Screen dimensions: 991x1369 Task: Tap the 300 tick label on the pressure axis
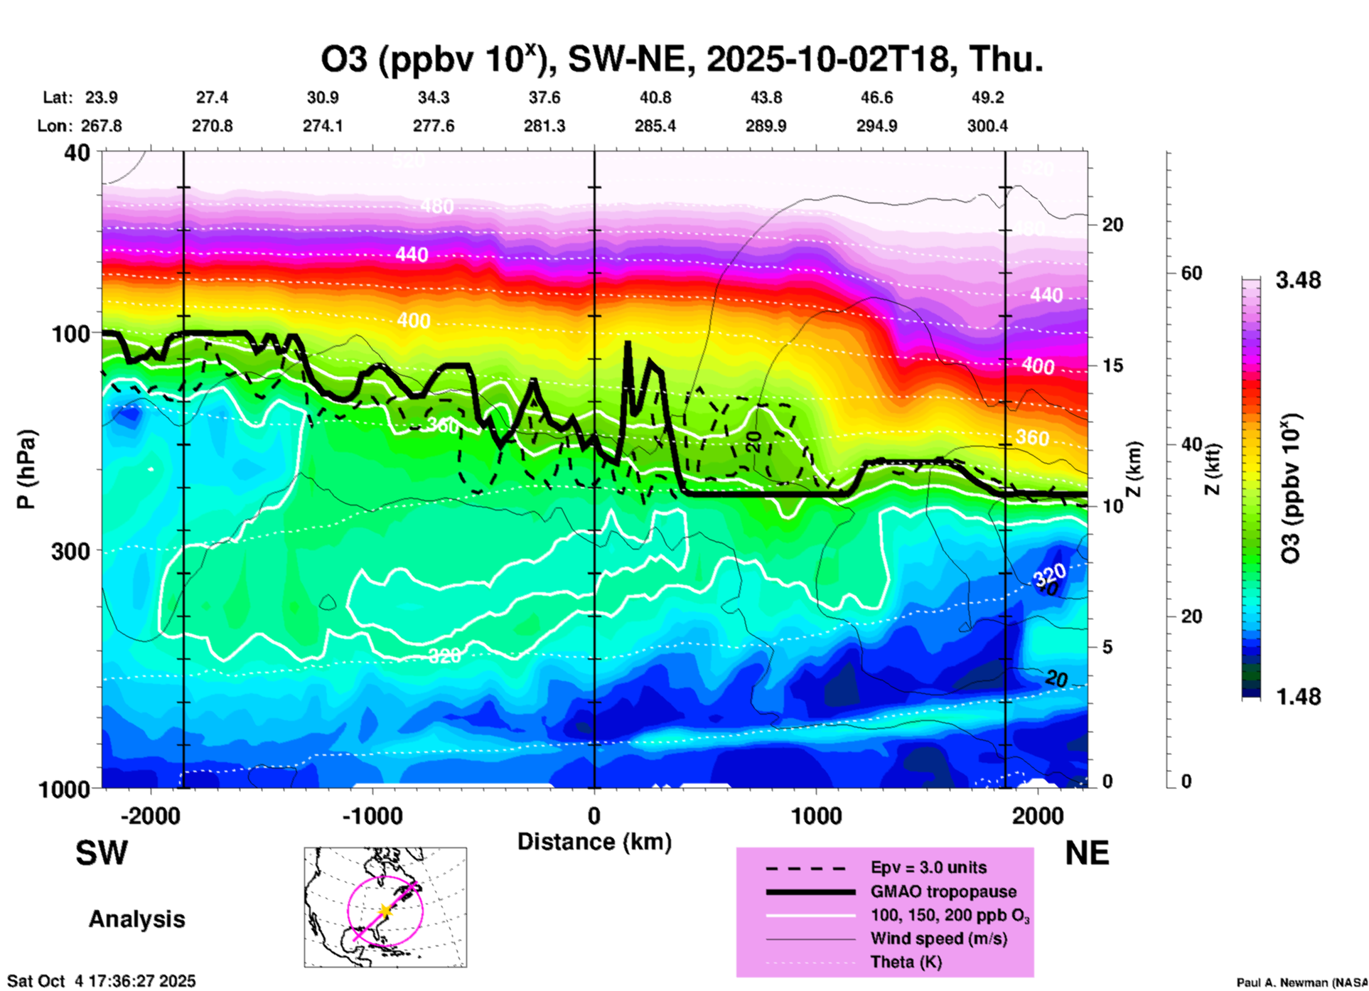pos(70,551)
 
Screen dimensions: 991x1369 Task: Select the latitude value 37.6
pos(544,97)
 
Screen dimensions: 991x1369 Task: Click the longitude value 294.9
pos(876,126)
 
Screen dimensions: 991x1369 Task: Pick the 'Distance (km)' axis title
pos(594,842)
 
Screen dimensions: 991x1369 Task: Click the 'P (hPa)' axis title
pos(26,469)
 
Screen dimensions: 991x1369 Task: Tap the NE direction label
pos(1087,853)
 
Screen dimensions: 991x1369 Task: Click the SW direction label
pos(102,853)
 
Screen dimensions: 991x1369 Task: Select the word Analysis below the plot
pos(136,919)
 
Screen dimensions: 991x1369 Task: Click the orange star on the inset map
pos(385,910)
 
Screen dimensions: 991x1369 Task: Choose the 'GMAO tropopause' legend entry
pos(943,891)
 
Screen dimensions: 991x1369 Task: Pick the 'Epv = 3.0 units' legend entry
pos(928,867)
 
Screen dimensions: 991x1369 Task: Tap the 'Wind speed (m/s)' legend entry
pos(938,938)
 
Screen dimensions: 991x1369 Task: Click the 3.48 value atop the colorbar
pos(1298,281)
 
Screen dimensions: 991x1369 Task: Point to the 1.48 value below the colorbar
pos(1298,697)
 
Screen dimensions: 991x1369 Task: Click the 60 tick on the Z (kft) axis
pos(1191,273)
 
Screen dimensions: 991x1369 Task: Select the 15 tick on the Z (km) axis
pos(1112,365)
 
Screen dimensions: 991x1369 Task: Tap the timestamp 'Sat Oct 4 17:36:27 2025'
pos(101,981)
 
